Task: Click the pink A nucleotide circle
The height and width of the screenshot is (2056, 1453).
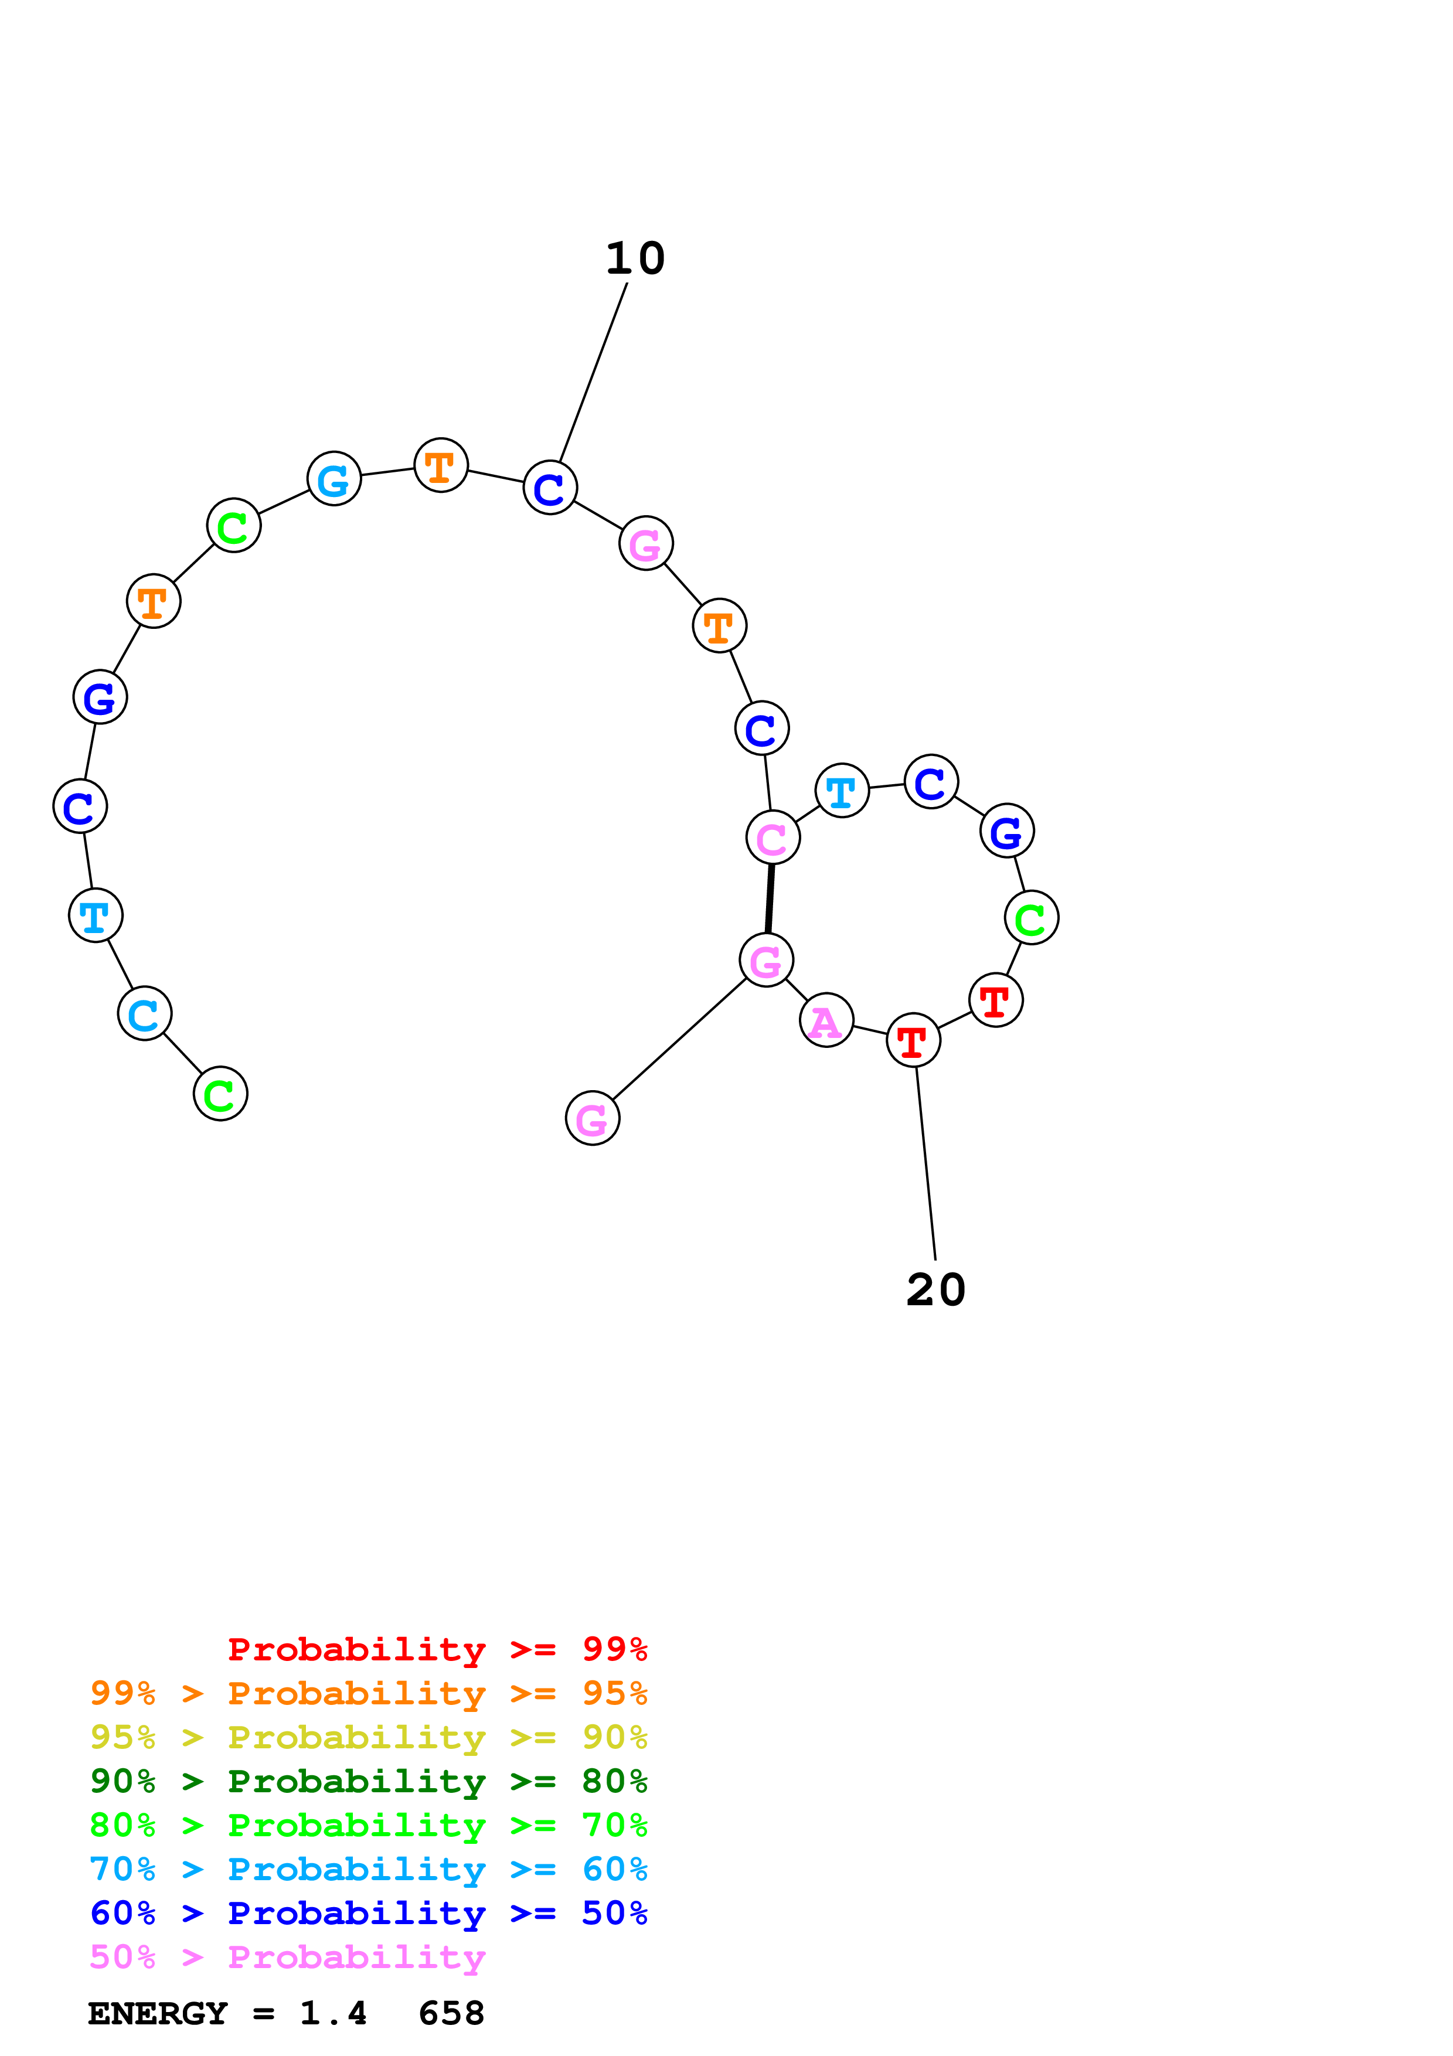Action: (825, 1020)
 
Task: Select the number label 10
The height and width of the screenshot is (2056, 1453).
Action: (635, 259)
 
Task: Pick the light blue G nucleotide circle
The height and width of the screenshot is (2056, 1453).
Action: (334, 479)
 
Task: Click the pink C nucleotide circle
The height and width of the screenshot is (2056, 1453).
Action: (773, 838)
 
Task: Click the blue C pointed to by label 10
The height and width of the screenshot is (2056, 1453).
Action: (550, 488)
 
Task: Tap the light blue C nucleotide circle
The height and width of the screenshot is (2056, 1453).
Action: (144, 1014)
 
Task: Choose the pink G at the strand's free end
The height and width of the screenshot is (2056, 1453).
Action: (593, 1118)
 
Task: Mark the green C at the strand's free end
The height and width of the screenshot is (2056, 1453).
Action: (220, 1094)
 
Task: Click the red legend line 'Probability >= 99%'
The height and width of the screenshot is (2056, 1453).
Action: (437, 1649)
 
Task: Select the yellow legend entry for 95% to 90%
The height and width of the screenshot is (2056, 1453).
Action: (368, 1738)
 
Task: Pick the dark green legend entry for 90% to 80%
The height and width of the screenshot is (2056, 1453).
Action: (368, 1782)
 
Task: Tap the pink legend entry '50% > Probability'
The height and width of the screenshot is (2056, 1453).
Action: (287, 1958)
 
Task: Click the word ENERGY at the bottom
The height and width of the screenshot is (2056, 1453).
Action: (158, 2014)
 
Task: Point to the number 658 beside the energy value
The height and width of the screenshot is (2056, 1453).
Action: (451, 2014)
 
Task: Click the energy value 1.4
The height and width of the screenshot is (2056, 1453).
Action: (333, 2014)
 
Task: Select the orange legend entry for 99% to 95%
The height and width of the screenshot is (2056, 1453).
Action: (368, 1693)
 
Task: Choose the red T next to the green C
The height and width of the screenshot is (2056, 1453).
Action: (995, 1000)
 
